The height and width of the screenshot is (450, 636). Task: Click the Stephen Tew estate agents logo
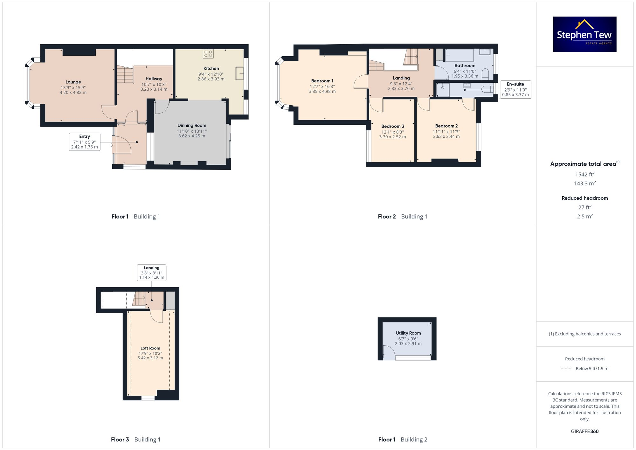point(584,34)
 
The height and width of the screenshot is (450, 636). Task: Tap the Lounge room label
point(73,82)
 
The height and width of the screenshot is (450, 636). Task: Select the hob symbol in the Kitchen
point(208,54)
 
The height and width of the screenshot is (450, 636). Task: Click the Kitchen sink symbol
point(239,73)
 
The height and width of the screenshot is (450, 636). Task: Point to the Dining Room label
point(192,126)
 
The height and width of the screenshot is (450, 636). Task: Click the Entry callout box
point(85,142)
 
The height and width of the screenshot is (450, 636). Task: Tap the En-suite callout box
point(515,89)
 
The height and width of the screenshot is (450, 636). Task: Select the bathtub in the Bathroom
point(460,55)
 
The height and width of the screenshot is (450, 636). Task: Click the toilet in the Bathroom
point(485,74)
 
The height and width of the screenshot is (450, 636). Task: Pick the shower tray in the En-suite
point(442,89)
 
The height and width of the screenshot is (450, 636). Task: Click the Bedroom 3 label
point(392,126)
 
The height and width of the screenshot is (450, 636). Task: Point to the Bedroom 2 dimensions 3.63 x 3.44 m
point(446,136)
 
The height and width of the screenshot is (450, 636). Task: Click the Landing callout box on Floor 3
point(152,273)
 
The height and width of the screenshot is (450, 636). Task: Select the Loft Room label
point(150,348)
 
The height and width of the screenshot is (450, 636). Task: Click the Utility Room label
point(408,333)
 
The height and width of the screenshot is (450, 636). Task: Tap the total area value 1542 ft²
point(584,174)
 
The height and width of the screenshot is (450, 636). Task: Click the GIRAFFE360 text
point(584,432)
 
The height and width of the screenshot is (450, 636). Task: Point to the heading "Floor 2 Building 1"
point(402,217)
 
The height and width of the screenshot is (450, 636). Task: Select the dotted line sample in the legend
point(567,369)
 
